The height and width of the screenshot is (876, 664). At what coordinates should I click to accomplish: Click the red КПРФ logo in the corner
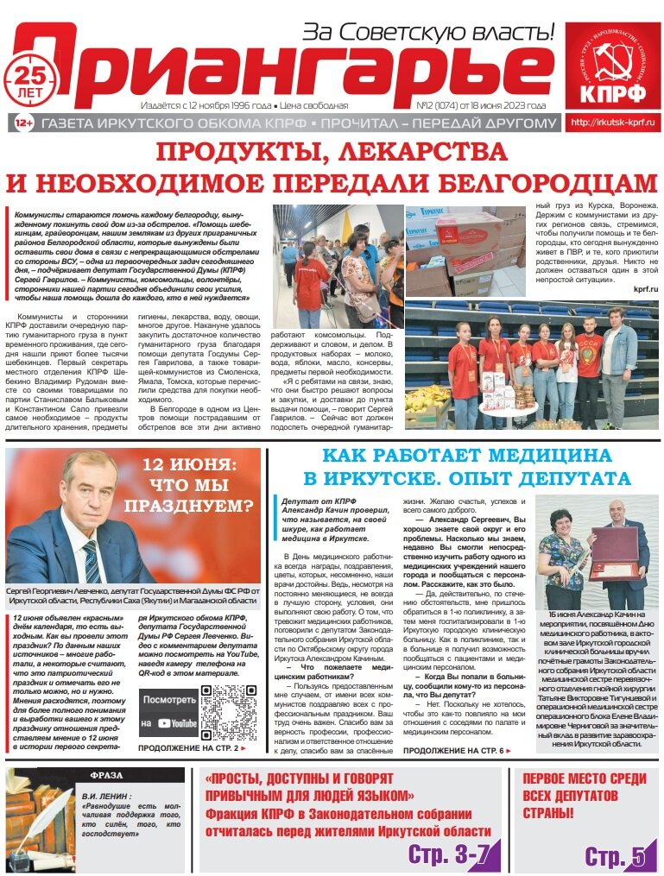click(611, 66)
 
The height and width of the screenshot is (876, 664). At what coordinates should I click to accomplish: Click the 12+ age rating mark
click(25, 123)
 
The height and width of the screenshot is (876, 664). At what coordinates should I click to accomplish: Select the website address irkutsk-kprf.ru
click(612, 123)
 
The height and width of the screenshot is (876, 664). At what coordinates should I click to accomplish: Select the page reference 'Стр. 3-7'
click(450, 854)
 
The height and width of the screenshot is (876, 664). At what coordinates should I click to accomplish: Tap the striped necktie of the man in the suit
click(92, 560)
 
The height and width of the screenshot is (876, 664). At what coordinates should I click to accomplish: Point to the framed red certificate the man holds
click(613, 545)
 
